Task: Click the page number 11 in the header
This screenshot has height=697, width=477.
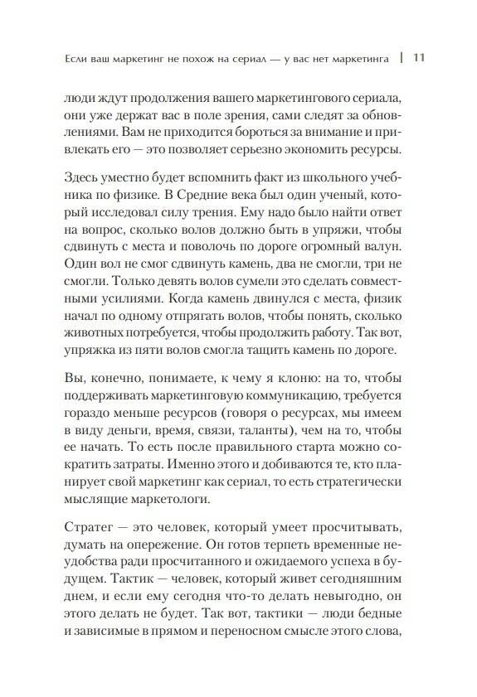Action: click(418, 58)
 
